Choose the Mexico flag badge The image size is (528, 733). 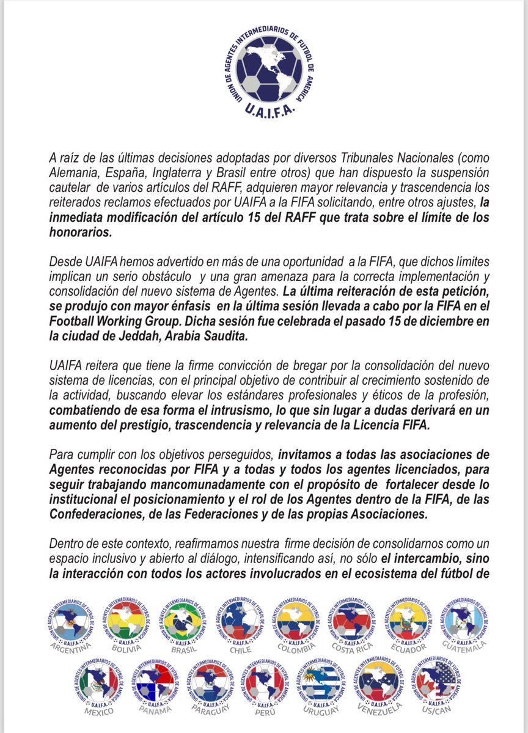(98, 682)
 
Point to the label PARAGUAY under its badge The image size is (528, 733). (211, 710)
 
